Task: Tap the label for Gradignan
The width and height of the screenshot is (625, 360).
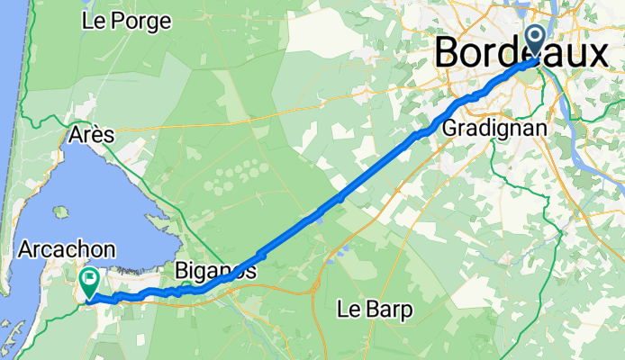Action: click(494, 129)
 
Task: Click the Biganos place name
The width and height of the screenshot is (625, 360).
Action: click(213, 270)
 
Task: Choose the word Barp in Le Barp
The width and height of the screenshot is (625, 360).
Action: click(388, 310)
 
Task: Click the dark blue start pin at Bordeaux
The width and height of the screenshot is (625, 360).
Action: click(535, 40)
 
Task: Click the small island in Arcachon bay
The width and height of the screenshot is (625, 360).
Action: click(60, 212)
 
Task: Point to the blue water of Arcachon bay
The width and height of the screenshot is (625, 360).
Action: click(99, 198)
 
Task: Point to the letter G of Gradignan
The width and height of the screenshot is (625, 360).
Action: click(449, 129)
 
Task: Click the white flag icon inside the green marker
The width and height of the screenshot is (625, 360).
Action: click(90, 278)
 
